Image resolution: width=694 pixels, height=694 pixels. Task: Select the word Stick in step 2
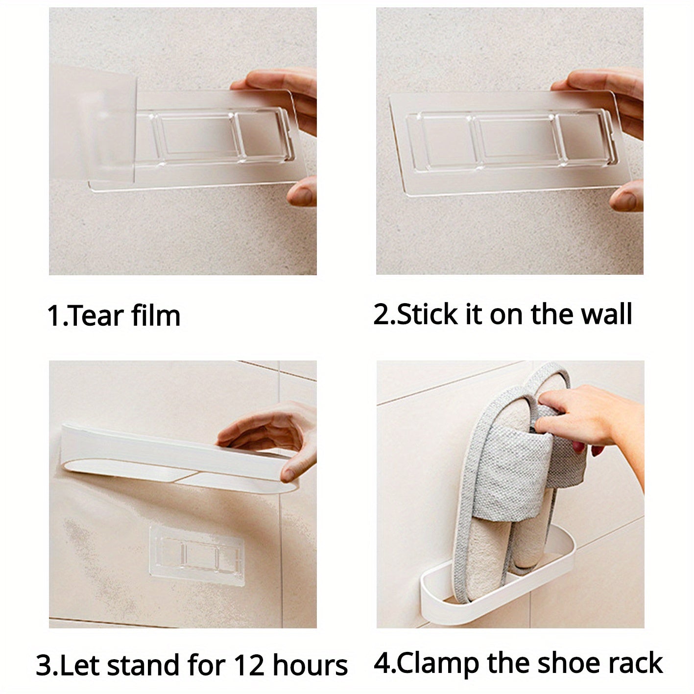pyautogui.click(x=428, y=314)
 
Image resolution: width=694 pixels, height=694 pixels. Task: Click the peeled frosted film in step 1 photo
pyautogui.click(x=93, y=124)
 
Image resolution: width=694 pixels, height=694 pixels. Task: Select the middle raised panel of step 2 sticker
pyautogui.click(x=514, y=140)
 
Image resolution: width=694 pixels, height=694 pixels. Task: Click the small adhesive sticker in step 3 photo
pyautogui.click(x=197, y=556)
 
